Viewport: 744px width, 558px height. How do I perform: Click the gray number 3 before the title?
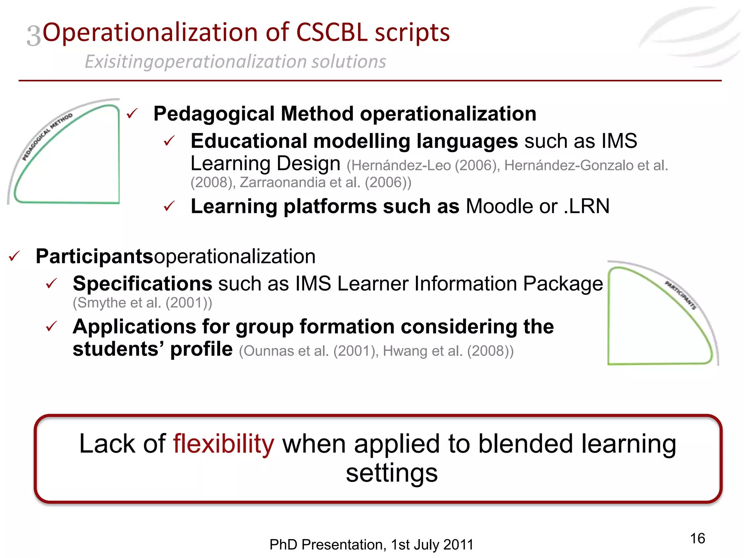point(34,36)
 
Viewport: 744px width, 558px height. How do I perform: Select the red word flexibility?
point(223,444)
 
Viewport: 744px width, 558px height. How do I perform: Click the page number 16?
point(697,538)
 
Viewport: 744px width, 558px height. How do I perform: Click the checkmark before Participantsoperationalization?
point(15,256)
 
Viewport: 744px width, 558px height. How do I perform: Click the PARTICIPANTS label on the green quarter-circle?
point(680,295)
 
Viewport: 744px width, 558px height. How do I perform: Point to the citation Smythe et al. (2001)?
point(142,303)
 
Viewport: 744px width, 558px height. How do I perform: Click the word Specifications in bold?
point(142,283)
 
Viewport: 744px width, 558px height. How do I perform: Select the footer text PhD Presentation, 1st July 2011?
point(371,545)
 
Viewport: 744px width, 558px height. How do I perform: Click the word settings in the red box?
point(391,473)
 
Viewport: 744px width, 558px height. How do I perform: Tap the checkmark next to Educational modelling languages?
point(169,141)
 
